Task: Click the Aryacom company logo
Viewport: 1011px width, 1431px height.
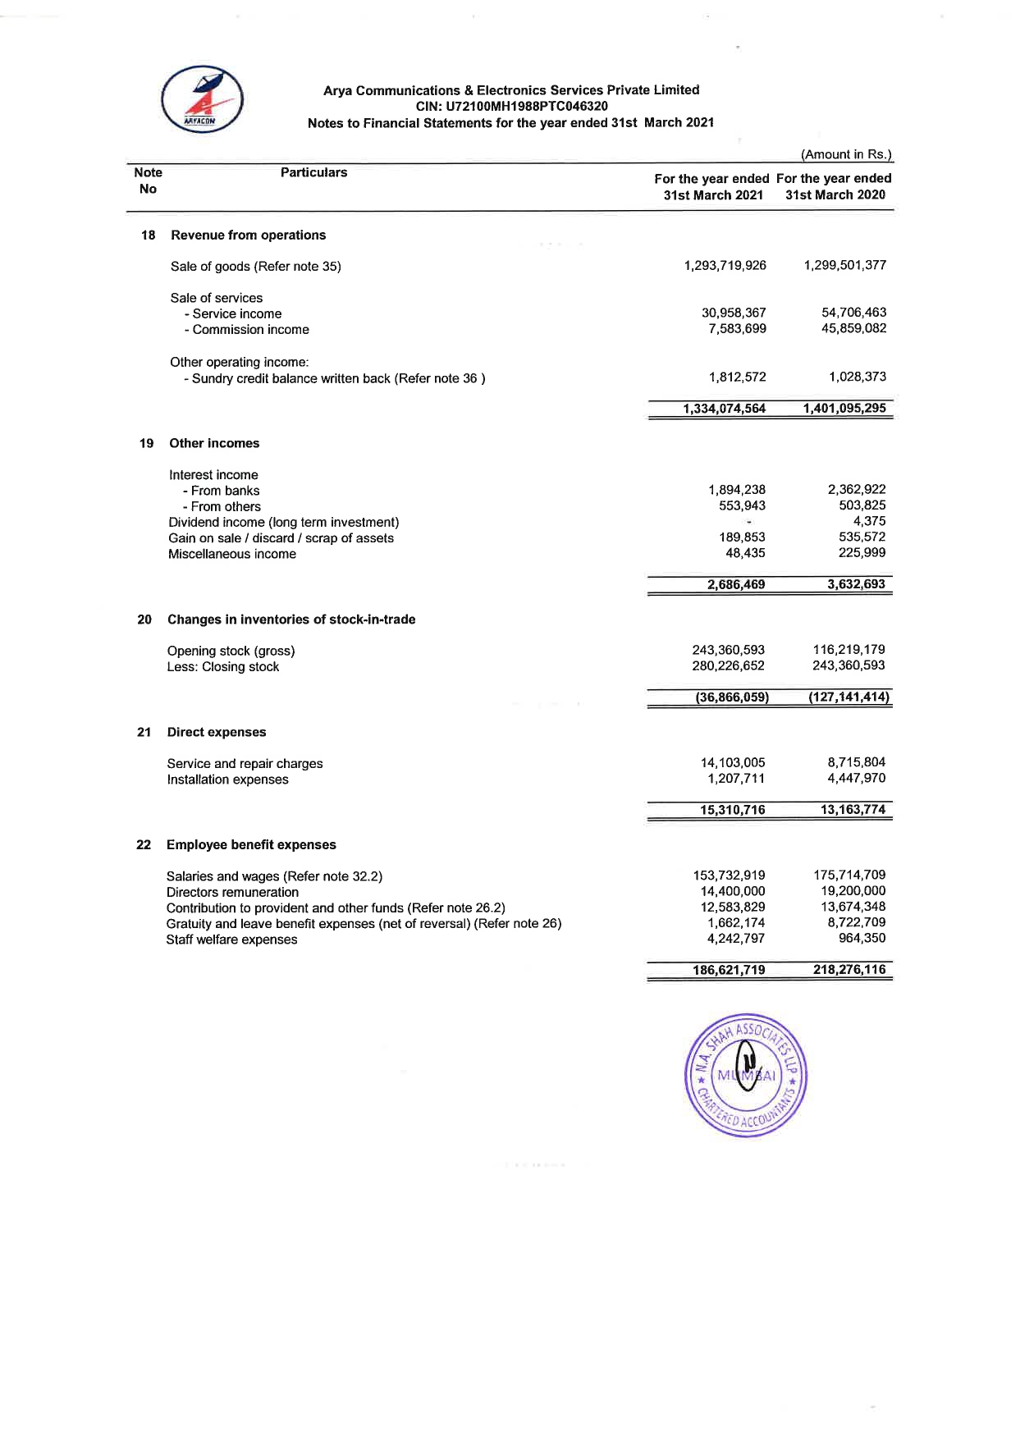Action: click(x=202, y=100)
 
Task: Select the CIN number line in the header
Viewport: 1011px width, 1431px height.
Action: click(x=511, y=107)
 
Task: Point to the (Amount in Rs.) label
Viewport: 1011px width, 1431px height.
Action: click(x=846, y=154)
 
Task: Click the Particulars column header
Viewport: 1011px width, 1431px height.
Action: click(x=313, y=172)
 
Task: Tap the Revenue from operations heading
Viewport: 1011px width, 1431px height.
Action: click(x=248, y=235)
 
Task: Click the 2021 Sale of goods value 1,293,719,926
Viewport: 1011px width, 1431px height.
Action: click(x=725, y=266)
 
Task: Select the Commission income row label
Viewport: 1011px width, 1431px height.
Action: click(x=250, y=330)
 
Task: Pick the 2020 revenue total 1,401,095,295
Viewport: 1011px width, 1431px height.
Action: click(x=844, y=409)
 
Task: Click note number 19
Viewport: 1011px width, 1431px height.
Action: click(x=146, y=443)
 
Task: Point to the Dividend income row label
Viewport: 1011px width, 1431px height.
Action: click(x=284, y=523)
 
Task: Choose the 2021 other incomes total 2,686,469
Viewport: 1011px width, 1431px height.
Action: click(x=735, y=585)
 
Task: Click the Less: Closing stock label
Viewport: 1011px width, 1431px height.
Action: click(x=223, y=667)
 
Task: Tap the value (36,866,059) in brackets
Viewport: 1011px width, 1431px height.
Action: click(x=732, y=697)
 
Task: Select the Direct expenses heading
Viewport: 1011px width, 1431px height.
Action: click(x=217, y=732)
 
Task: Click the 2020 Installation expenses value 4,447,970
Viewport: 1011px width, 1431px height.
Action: click(x=856, y=779)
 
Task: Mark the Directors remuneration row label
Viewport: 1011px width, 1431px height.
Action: click(x=232, y=893)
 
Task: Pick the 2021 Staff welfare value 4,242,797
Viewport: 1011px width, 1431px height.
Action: click(x=735, y=939)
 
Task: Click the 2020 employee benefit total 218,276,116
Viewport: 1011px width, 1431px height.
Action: click(x=849, y=970)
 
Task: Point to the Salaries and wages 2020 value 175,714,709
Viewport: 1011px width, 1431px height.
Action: click(x=849, y=876)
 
